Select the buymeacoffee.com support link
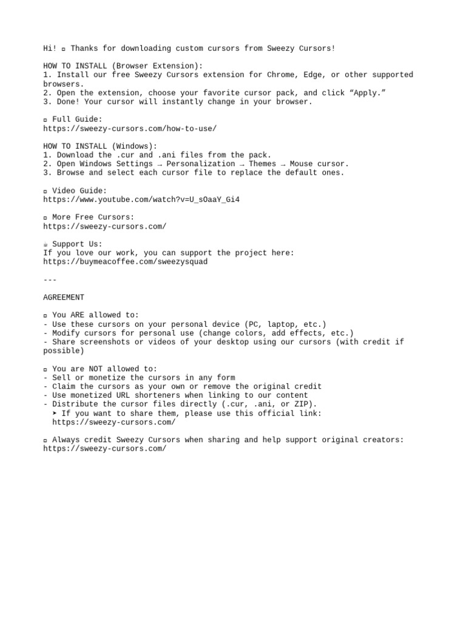pos(125,261)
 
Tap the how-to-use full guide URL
pos(130,129)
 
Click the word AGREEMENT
pos(64,297)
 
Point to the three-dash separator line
pos(50,280)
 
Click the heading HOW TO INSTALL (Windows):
pos(100,146)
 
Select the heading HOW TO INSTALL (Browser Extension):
pos(123,66)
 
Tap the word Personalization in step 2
pos(200,164)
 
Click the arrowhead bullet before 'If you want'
pos(55,413)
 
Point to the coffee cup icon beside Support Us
pos(46,244)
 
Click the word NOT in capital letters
pos(98,369)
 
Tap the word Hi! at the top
pos(50,49)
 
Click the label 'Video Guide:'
pos(79,190)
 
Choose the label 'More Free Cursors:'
pos(93,217)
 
